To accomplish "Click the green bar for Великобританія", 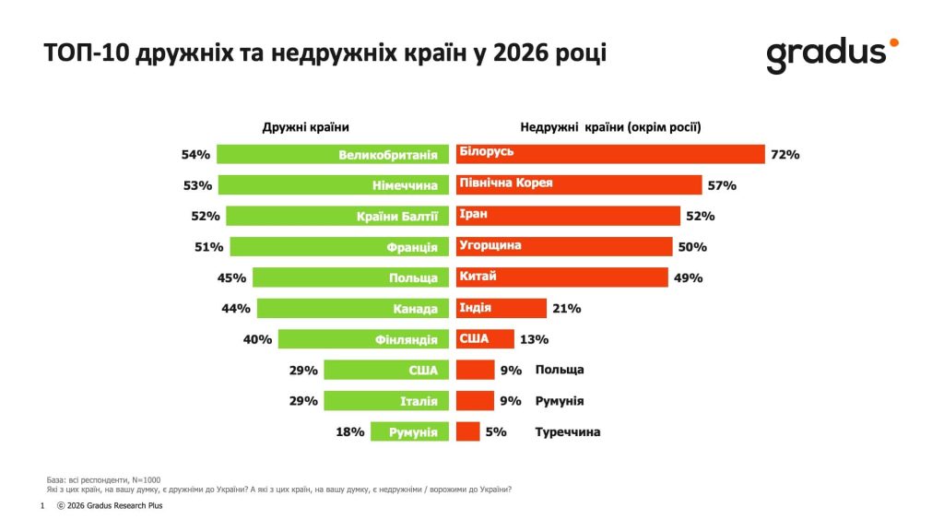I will (333, 154).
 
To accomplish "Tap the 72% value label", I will (785, 155).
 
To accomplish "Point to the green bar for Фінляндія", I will (363, 339).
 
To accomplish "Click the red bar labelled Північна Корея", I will (579, 185).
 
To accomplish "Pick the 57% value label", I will (722, 186).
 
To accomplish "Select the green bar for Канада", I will (353, 309).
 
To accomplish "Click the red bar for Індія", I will (501, 309).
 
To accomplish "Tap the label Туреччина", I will (568, 431).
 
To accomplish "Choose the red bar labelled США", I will (485, 339).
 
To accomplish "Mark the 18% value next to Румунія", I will (351, 431).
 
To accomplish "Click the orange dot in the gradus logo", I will (892, 42).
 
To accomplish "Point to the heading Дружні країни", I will (306, 127).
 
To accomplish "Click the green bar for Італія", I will (386, 401).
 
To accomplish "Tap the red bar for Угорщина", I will (564, 247).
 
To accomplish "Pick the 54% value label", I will (196, 155).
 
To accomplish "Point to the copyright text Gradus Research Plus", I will (116, 505).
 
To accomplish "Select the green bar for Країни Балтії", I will (337, 216).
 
